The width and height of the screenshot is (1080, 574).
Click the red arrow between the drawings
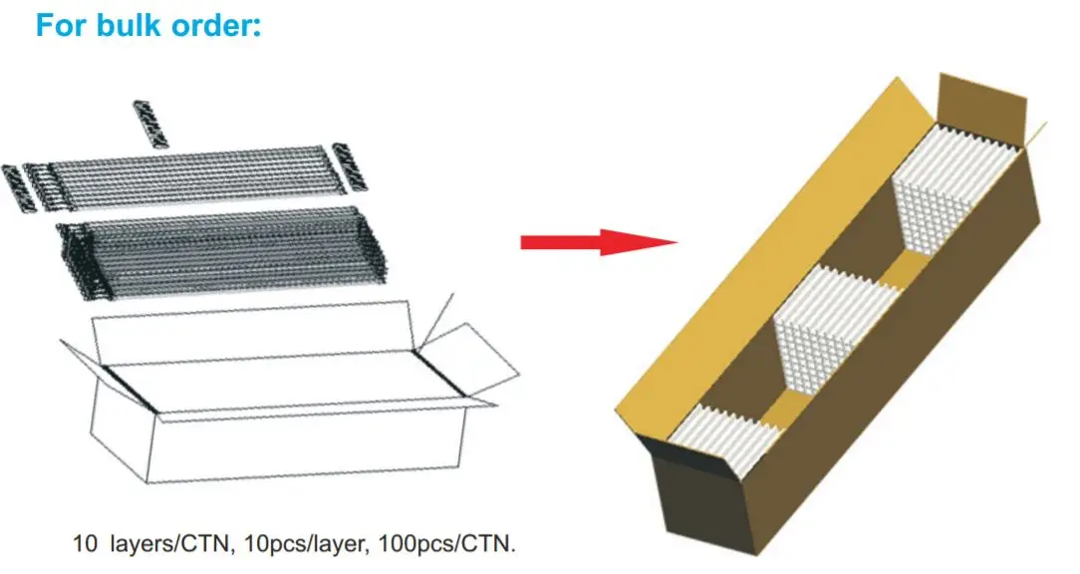pyautogui.click(x=598, y=241)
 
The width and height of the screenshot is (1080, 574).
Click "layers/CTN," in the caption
pyautogui.click(x=168, y=545)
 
